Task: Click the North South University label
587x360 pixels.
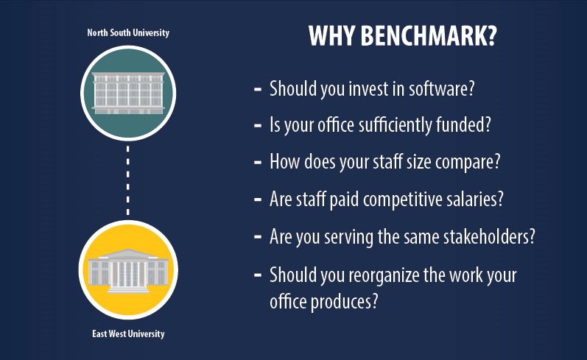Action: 127,33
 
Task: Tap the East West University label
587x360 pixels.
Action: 128,333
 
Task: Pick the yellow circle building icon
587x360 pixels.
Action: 127,270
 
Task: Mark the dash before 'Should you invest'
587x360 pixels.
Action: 258,89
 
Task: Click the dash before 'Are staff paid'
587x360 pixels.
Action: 258,198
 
